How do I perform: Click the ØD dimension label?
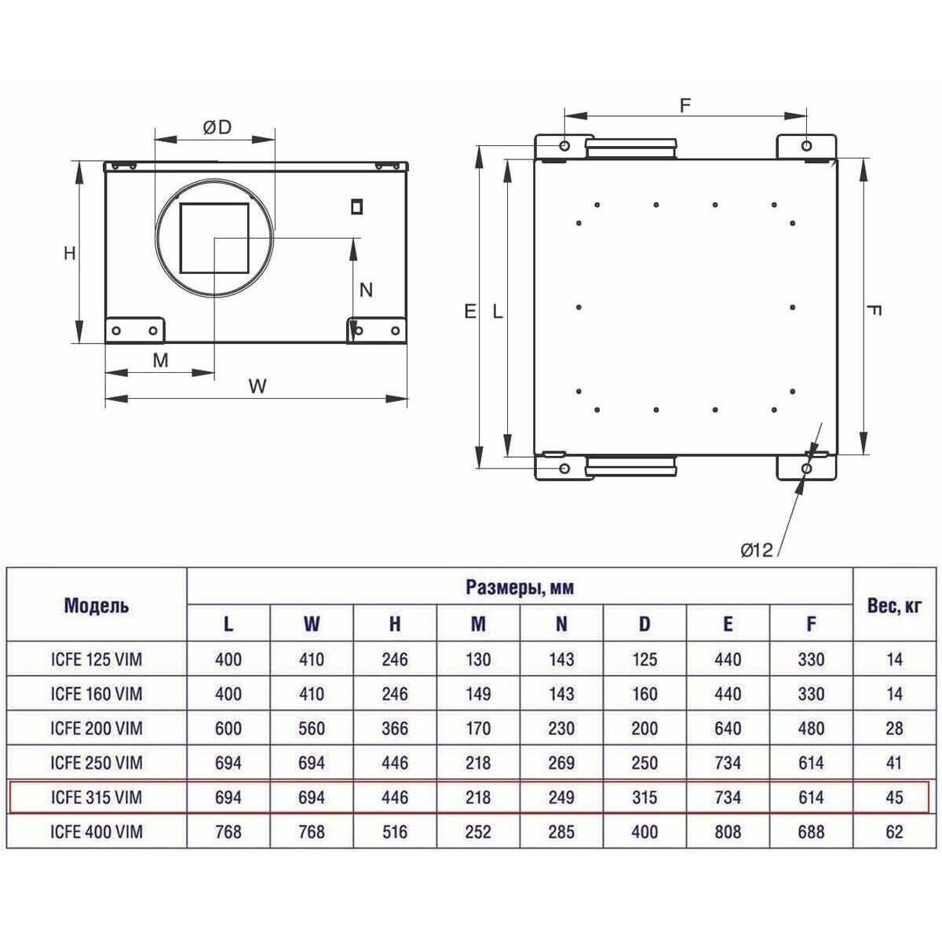[217, 128]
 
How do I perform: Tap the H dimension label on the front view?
[70, 254]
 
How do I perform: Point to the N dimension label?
[366, 290]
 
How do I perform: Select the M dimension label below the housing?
[160, 360]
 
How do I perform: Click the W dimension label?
[257, 386]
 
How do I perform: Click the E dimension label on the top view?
[470, 312]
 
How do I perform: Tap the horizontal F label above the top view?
[685, 106]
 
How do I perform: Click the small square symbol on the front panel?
[357, 206]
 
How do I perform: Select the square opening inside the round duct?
[214, 238]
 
